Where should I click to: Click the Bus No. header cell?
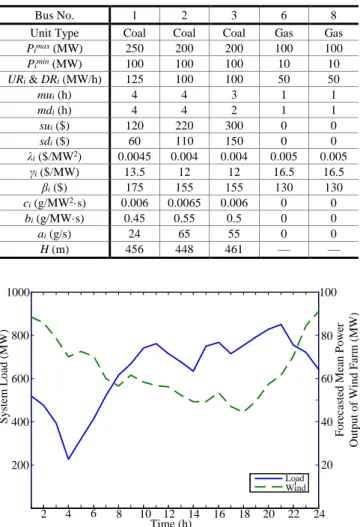tap(54, 15)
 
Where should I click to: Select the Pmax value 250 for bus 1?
tap(134, 48)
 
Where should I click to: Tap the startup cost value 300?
tap(234, 126)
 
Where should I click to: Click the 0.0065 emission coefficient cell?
tap(184, 203)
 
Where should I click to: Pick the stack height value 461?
tap(234, 249)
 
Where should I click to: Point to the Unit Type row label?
tap(54, 33)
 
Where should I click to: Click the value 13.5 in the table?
tap(134, 172)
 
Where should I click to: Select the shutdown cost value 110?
tap(184, 141)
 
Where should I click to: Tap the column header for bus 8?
tap(333, 15)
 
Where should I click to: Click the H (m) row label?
tap(54, 249)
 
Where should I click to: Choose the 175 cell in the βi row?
tap(134, 188)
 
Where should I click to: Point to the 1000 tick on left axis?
tap(18, 292)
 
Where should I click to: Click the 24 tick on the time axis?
tap(319, 514)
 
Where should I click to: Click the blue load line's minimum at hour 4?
tap(69, 459)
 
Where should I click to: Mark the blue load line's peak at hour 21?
tap(281, 324)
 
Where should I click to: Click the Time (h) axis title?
tap(171, 523)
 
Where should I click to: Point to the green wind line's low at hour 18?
tap(244, 411)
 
